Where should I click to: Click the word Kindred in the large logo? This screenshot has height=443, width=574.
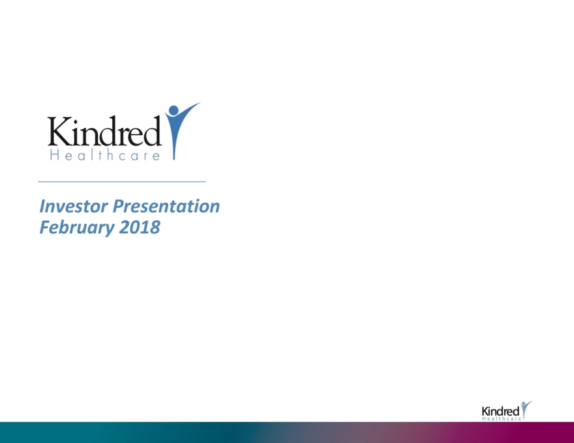tap(105, 131)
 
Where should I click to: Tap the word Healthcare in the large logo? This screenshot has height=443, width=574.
tap(105, 155)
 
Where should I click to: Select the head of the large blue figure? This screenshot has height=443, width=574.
tap(174, 110)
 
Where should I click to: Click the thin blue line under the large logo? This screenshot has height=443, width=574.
tap(122, 181)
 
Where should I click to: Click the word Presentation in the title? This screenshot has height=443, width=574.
tap(166, 206)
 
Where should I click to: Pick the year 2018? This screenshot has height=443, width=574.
tap(140, 227)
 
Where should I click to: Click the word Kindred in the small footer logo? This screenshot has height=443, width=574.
tap(500, 411)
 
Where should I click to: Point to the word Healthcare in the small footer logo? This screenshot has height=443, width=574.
tap(502, 418)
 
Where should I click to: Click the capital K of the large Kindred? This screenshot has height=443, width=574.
tap(59, 132)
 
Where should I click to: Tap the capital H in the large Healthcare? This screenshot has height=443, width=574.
tap(55, 155)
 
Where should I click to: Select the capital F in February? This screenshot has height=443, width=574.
tap(45, 227)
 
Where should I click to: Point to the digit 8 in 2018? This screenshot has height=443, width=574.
tap(155, 227)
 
